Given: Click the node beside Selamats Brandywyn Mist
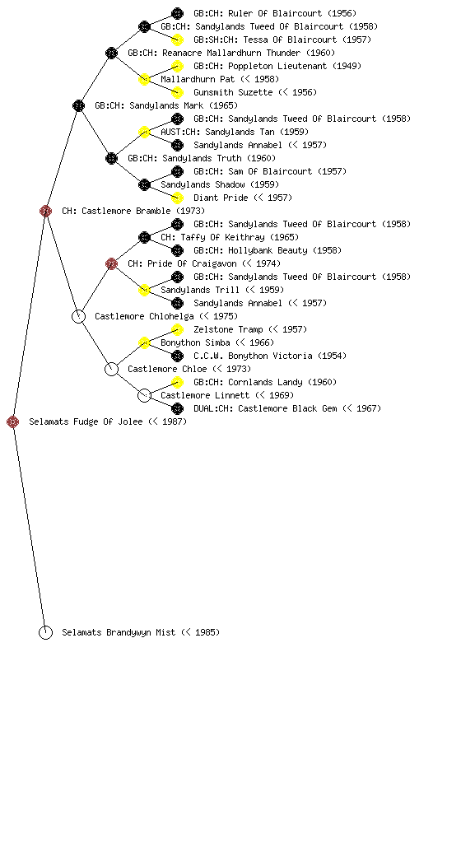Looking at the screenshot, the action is click(45, 632).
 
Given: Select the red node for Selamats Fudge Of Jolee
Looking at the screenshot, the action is click(13, 421).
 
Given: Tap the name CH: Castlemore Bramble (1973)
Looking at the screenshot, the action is click(133, 211).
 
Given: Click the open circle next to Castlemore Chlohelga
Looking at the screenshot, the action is click(78, 316).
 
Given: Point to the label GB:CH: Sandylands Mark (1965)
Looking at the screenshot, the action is click(166, 105).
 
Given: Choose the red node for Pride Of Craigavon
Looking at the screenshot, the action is click(111, 263).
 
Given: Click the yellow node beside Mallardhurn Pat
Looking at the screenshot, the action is click(144, 79).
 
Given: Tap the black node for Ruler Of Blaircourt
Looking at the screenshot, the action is click(177, 13).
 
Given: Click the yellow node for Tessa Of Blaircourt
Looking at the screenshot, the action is click(177, 40).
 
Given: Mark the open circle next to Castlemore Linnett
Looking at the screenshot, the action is click(144, 395).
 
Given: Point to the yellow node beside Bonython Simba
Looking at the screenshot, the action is click(144, 342).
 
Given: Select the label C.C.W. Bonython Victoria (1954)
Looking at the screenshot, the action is click(270, 356).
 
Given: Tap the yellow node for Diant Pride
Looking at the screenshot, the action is click(177, 198).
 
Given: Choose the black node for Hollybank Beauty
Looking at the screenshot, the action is click(177, 250).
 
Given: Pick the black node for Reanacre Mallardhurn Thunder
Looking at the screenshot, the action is click(111, 53).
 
